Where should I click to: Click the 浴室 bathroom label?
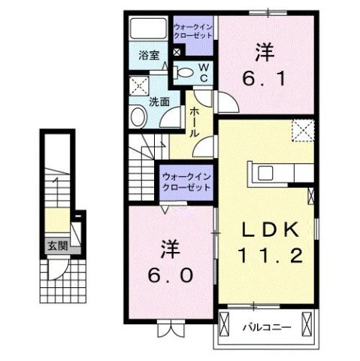[x=149, y=55]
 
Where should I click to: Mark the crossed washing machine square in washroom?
[x=138, y=84]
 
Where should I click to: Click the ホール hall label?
[x=194, y=121]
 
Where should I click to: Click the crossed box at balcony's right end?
[x=307, y=325]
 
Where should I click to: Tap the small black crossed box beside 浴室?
[x=176, y=53]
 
